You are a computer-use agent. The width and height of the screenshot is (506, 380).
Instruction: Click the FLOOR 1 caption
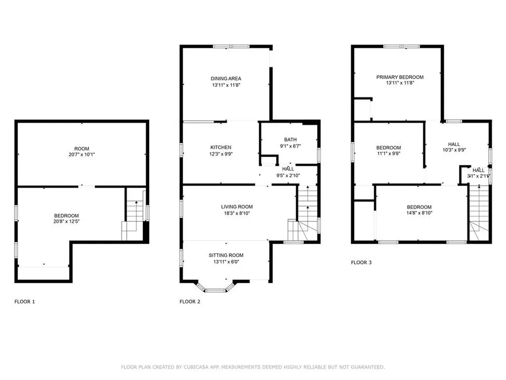coord(25,301)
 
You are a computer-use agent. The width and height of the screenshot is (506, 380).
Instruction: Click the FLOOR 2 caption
coord(190,301)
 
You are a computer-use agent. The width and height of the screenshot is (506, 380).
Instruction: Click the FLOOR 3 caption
coord(361,262)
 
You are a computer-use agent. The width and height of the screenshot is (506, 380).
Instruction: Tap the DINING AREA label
coord(226,78)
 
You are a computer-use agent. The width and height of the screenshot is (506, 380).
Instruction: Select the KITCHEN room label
coord(221,147)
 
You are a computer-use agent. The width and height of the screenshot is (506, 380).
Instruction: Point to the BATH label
coord(290,140)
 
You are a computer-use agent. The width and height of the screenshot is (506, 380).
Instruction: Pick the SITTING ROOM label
coord(226,255)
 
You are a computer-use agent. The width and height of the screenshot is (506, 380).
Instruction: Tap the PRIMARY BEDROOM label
coord(400,77)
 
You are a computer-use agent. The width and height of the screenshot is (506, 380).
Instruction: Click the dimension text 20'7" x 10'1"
coord(82,155)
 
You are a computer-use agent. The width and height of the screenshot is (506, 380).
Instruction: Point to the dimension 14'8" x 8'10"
coord(419,214)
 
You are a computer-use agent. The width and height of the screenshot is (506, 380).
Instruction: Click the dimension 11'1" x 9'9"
coord(388,154)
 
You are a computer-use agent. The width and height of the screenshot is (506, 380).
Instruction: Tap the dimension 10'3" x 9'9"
coord(454,151)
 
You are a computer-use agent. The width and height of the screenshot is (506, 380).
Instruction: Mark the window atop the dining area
coord(231,47)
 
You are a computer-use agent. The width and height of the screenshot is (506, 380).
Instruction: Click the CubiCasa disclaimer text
coord(253,367)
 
